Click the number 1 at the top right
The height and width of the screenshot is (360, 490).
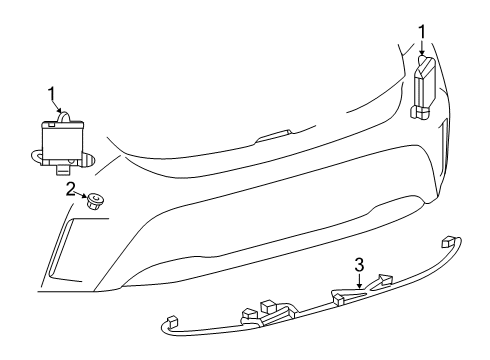pos(421,30)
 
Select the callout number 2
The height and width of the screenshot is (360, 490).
pos(70,187)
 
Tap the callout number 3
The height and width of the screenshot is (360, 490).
pos(358,267)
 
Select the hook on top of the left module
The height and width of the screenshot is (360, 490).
pos(69,117)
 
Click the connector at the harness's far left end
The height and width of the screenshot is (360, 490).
pos(173,322)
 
